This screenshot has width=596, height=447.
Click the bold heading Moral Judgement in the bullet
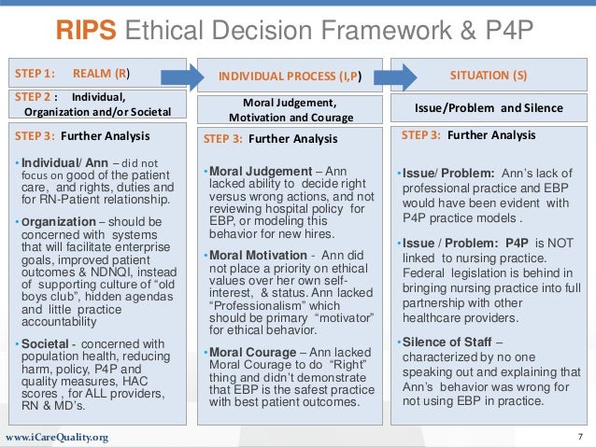click(252, 171)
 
